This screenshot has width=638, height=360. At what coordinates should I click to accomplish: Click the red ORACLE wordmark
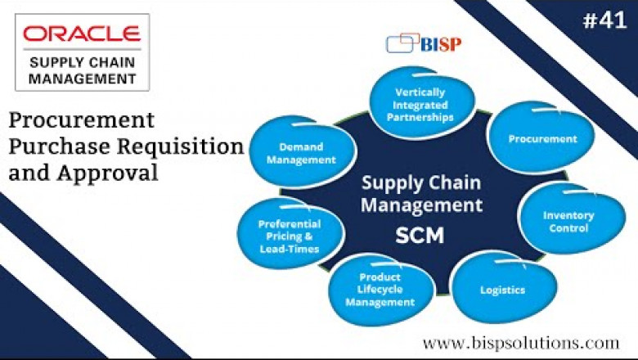tap(81, 34)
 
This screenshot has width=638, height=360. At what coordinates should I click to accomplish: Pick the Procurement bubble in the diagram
tap(542, 139)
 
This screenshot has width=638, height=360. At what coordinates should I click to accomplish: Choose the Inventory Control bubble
tap(568, 222)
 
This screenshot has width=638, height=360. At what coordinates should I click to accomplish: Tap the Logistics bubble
tap(502, 290)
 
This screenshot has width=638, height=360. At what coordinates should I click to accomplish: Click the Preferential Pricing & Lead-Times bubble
tap(289, 236)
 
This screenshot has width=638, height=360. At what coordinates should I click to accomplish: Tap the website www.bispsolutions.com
tap(521, 341)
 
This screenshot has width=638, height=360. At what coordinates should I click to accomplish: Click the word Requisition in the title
tap(192, 147)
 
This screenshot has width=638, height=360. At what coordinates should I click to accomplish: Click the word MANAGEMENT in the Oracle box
tap(81, 79)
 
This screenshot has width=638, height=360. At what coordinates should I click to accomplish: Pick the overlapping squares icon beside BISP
tap(401, 42)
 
